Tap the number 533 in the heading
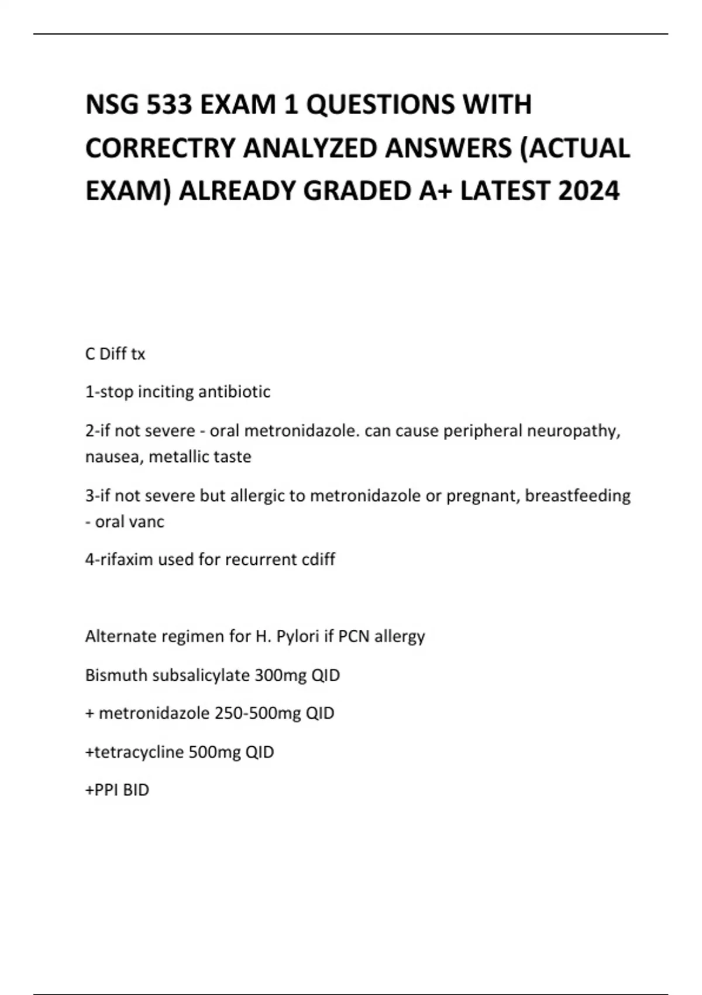[x=170, y=105]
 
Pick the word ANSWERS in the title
[x=448, y=148]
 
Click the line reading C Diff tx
[x=115, y=354]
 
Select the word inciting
[x=166, y=392]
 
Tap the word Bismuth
[x=116, y=675]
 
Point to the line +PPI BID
[x=117, y=790]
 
